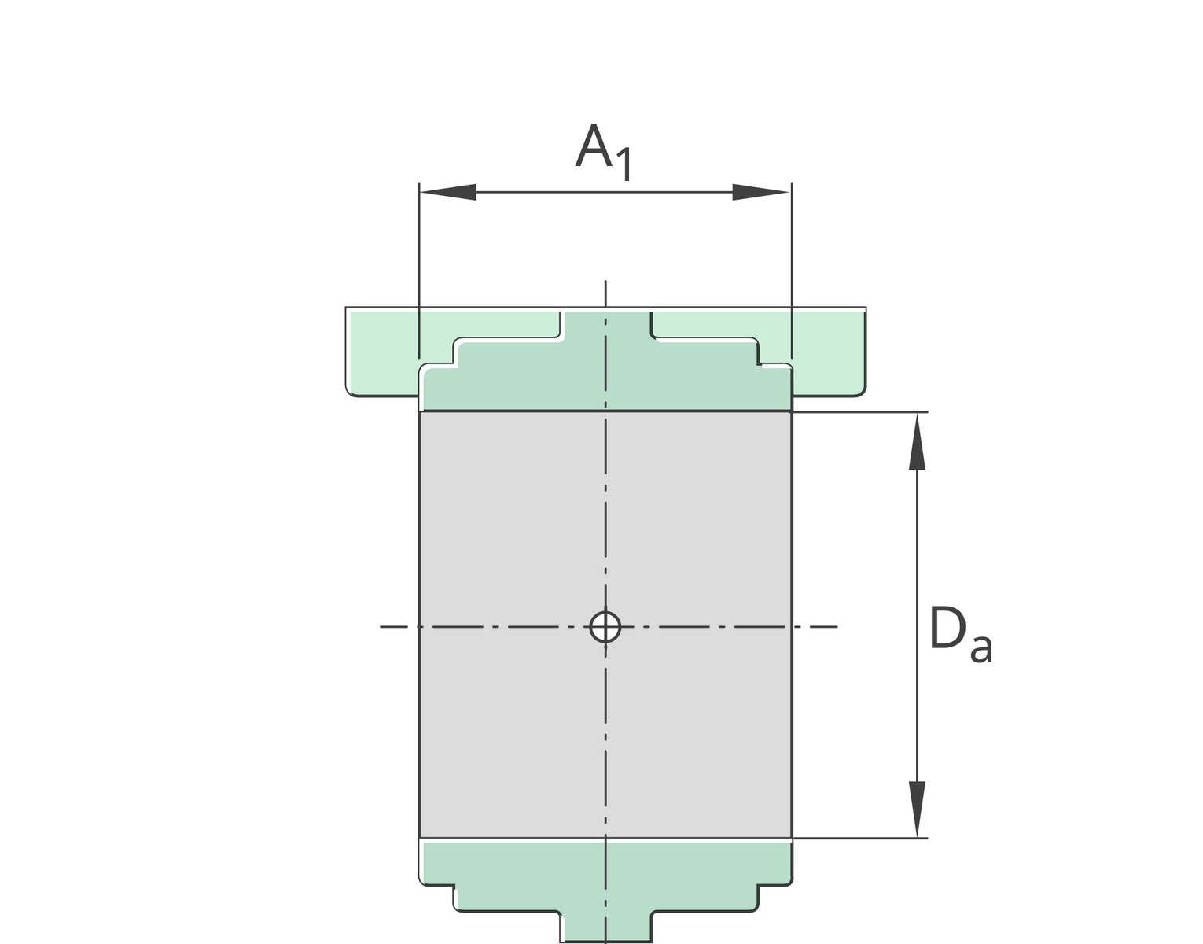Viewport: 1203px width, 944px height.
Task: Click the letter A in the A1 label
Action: point(594,147)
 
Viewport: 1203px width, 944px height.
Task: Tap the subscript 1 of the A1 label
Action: point(624,165)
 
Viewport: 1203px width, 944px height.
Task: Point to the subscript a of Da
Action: point(980,649)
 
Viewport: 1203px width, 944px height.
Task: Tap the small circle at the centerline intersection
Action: point(605,627)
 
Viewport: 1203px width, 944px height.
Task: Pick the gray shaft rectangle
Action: point(511,535)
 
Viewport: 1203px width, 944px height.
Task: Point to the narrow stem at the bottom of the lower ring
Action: point(605,928)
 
